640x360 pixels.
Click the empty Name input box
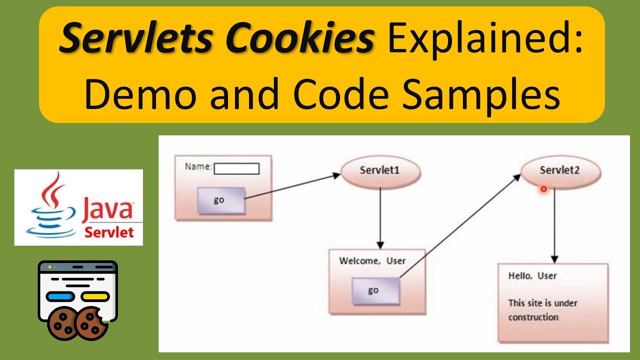coord(236,169)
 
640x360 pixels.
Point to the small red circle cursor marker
coord(543,189)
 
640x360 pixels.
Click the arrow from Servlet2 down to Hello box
coord(554,225)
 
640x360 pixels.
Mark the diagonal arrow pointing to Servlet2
coord(460,225)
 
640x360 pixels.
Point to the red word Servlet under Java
coord(108,232)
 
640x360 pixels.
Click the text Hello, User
coord(532,275)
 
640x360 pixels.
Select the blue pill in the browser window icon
coord(60,296)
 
